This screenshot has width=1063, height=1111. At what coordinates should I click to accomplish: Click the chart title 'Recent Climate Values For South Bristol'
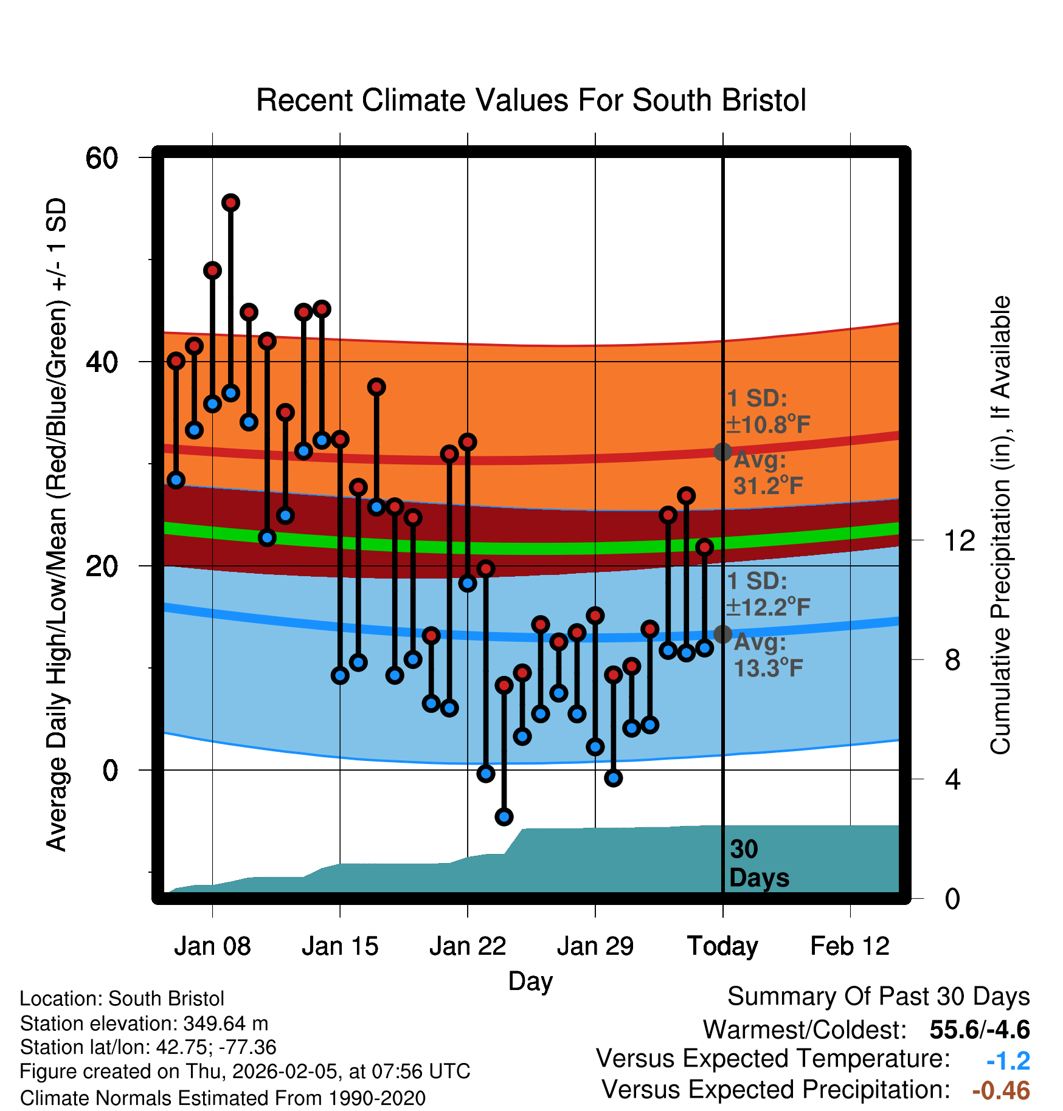click(531, 101)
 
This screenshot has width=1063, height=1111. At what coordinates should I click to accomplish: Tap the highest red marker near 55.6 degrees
click(230, 202)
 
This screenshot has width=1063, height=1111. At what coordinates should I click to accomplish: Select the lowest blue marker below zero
click(504, 816)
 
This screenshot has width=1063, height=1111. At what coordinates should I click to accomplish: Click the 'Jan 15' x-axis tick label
click(340, 946)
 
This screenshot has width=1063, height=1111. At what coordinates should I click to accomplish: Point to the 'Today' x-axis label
click(722, 946)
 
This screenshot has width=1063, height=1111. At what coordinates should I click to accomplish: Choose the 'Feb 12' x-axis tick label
click(850, 946)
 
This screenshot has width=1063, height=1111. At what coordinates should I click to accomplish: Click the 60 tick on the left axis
click(102, 159)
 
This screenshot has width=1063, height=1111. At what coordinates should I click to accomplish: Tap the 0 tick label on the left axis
click(110, 771)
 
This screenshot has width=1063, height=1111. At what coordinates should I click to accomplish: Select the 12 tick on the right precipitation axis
click(959, 540)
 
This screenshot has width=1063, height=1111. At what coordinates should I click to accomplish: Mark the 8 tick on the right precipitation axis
click(952, 659)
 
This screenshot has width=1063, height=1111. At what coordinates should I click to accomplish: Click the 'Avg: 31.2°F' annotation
click(767, 473)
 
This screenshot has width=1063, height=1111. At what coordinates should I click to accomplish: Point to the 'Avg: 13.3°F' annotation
click(767, 655)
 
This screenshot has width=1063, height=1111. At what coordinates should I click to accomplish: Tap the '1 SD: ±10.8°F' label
click(767, 411)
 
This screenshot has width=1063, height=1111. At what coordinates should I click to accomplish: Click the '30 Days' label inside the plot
click(758, 864)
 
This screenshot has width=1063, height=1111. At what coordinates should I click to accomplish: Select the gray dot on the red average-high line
click(722, 452)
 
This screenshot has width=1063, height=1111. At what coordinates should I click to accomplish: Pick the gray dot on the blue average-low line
click(722, 634)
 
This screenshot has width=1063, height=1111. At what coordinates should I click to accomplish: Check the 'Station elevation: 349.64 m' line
click(144, 1023)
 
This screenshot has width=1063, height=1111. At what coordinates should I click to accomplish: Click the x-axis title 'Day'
click(530, 982)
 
